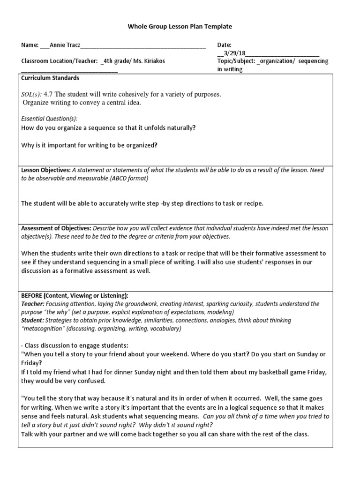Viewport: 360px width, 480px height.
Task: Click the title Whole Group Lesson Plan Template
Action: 180,27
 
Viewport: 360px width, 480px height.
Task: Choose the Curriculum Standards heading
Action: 50,78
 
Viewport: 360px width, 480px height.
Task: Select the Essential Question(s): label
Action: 50,119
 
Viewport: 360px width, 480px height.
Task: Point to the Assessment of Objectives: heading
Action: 56,228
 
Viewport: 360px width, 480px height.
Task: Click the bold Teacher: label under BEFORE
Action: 32,304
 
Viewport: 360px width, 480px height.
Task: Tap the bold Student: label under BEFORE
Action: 32,321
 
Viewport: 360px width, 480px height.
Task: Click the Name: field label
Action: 30,45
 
